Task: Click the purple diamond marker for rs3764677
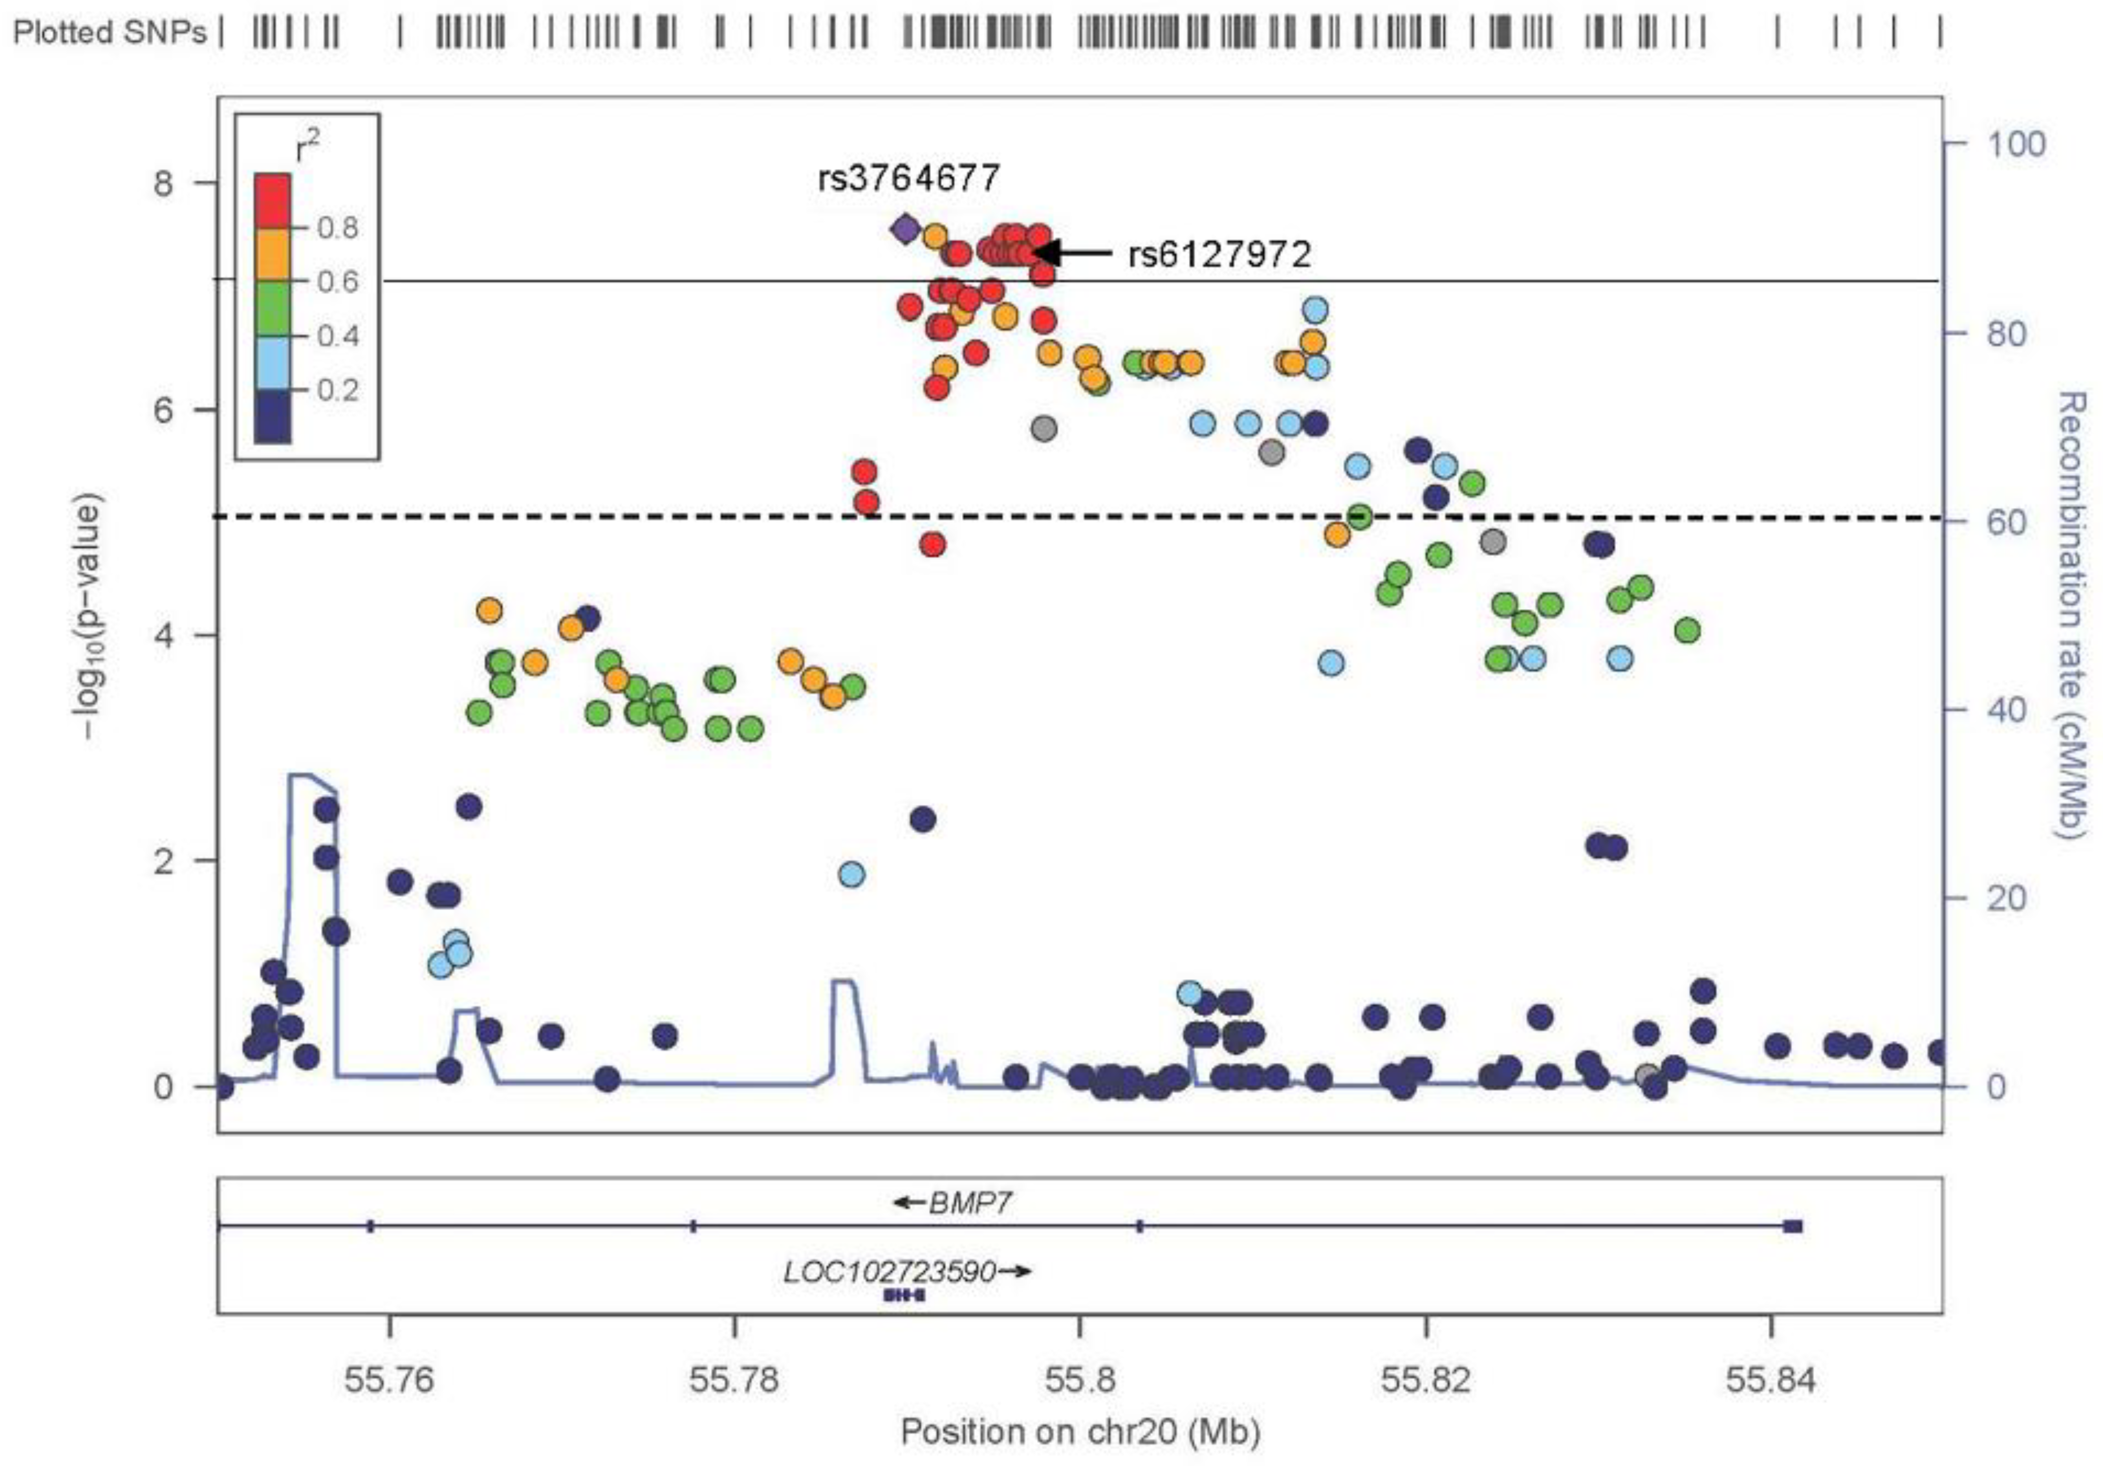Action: point(905,229)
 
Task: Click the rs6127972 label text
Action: point(1219,253)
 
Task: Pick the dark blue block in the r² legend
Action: point(272,416)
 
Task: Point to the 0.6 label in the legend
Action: point(337,281)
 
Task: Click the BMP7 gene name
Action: point(969,1202)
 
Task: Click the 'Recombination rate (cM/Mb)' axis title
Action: point(2072,616)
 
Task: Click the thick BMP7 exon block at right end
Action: point(1793,1226)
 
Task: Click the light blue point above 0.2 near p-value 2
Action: point(852,874)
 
